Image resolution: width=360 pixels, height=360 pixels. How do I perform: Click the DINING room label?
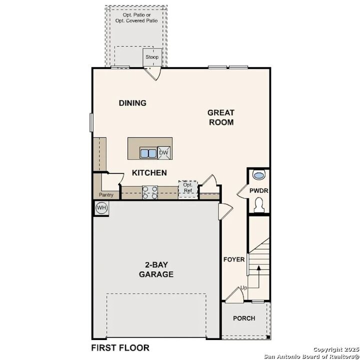point(132,103)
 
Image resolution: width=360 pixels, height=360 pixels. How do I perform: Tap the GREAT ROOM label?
point(220,117)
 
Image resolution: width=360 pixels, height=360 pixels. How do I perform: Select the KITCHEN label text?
point(149,172)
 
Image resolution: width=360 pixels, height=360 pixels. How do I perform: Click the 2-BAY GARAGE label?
point(156,269)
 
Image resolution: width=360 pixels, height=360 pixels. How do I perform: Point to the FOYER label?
point(234,259)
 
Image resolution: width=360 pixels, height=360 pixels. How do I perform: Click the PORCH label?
point(244,318)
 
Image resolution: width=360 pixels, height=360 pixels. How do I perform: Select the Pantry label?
point(106,195)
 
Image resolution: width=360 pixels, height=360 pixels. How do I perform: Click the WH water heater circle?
point(101,207)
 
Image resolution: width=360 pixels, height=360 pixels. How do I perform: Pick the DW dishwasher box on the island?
point(164,153)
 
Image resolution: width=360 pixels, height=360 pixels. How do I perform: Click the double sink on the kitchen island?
point(148,153)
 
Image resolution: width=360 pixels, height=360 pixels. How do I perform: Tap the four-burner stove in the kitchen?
point(150,192)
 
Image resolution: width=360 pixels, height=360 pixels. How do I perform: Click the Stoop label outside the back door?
point(152,57)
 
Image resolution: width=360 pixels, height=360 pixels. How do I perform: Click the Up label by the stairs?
point(243,288)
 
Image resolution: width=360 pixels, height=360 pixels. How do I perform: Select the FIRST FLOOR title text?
point(120,347)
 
